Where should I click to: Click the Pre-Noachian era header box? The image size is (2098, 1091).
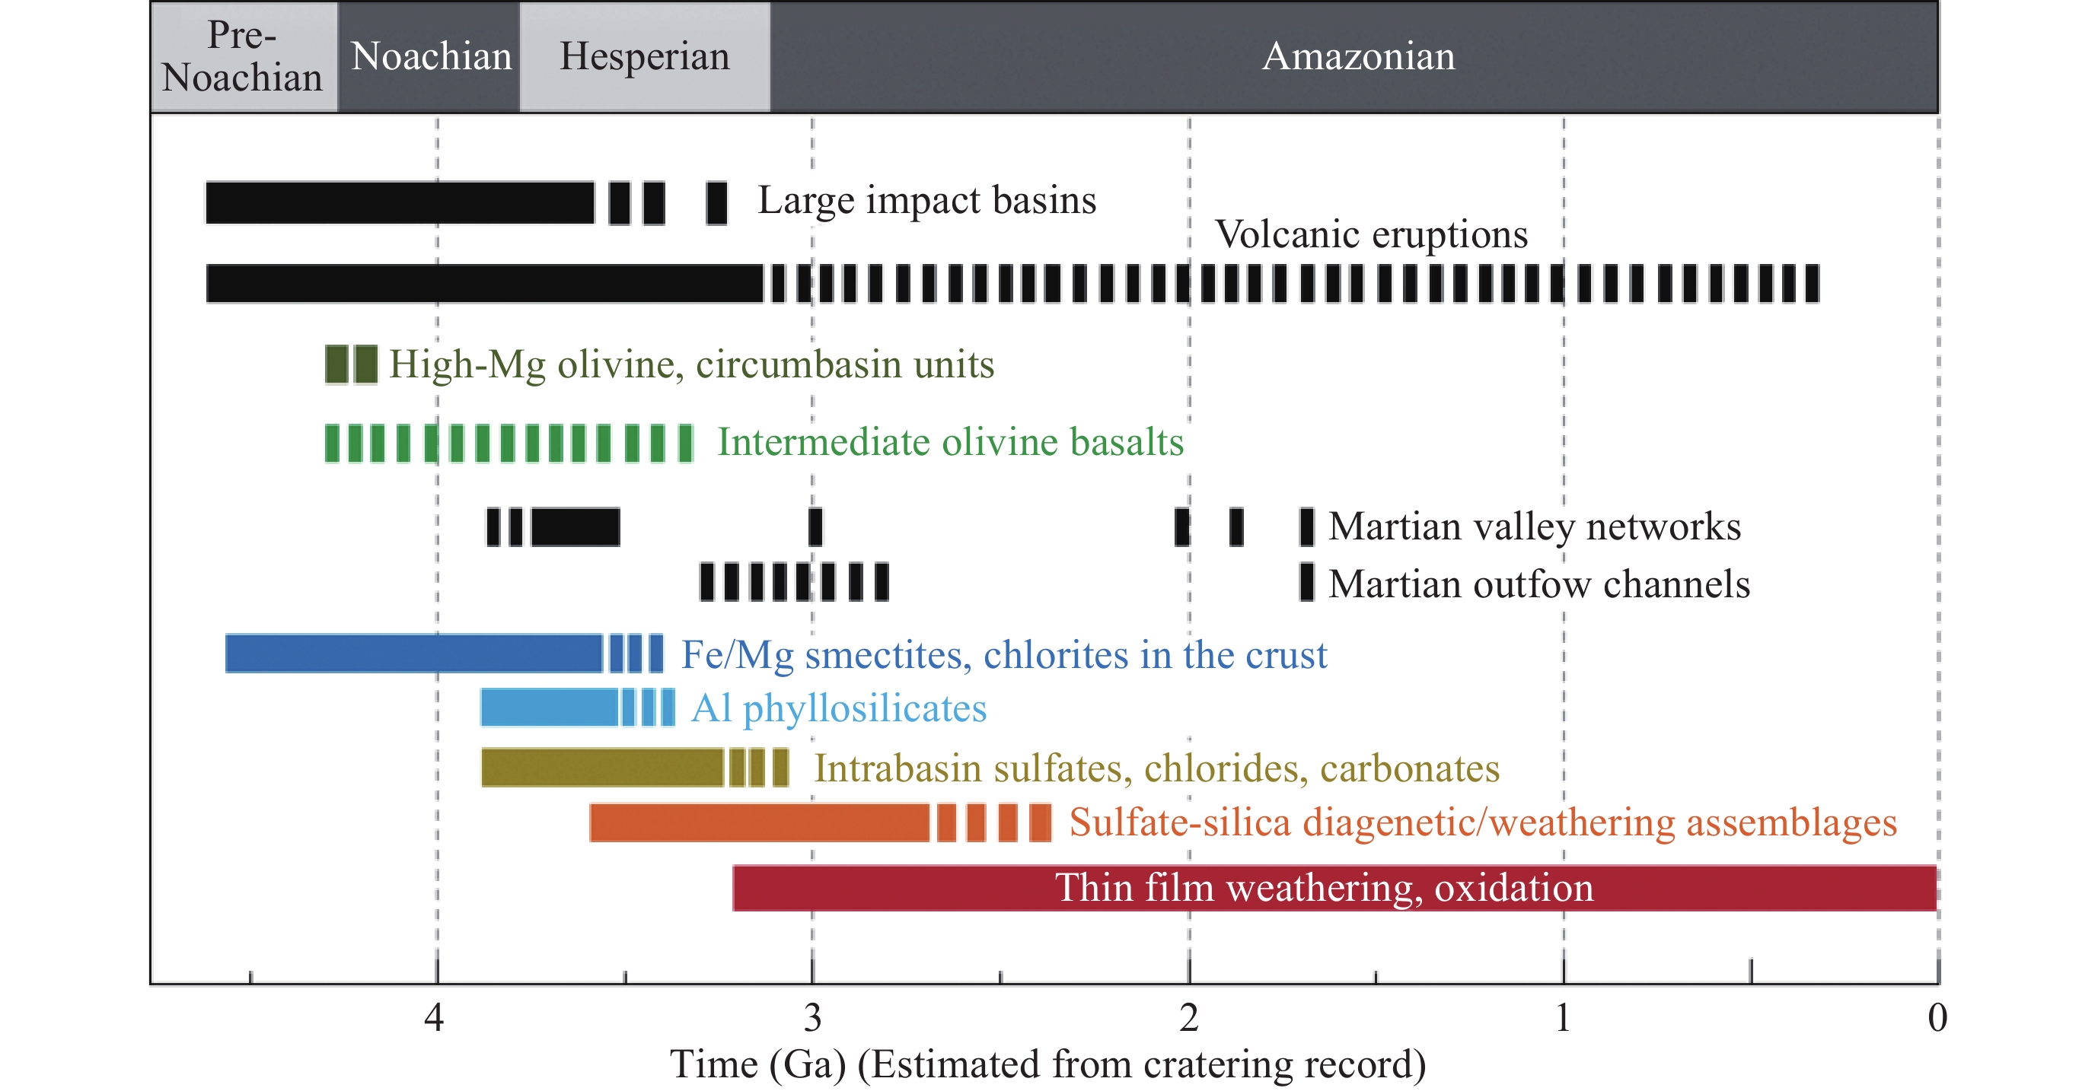click(x=244, y=56)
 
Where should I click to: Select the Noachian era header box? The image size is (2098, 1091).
click(x=429, y=56)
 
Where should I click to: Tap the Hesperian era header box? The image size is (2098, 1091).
click(x=645, y=56)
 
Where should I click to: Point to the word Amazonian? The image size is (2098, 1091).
click(x=1357, y=56)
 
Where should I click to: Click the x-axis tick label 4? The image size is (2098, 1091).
click(x=434, y=1018)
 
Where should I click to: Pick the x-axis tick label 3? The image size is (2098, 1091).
click(x=812, y=1018)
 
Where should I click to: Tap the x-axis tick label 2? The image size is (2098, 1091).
click(x=1189, y=1018)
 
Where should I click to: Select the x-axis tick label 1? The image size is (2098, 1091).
click(x=1563, y=1018)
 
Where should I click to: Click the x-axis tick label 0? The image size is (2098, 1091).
click(x=1937, y=1018)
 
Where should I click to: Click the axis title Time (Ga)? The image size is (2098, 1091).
click(x=757, y=1064)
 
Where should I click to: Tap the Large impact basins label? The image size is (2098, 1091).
click(x=927, y=200)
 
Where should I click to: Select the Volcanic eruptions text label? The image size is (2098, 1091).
click(x=1372, y=234)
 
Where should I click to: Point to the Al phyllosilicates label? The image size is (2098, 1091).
click(x=839, y=708)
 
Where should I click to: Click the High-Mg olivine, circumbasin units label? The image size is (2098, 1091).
click(x=691, y=364)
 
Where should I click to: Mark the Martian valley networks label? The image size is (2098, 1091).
click(x=1535, y=526)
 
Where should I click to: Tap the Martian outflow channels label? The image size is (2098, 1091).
click(x=1539, y=584)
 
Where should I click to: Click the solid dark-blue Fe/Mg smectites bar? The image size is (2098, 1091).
click(x=413, y=654)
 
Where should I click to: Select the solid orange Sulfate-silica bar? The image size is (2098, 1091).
click(x=759, y=822)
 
